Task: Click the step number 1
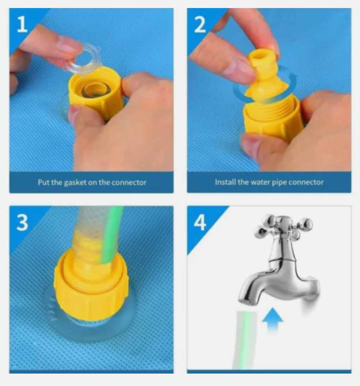click(22, 24)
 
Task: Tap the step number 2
click(200, 24)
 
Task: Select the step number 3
click(22, 222)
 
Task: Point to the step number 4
click(200, 222)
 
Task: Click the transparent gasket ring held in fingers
click(84, 58)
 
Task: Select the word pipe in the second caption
click(277, 183)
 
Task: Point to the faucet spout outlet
click(248, 302)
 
